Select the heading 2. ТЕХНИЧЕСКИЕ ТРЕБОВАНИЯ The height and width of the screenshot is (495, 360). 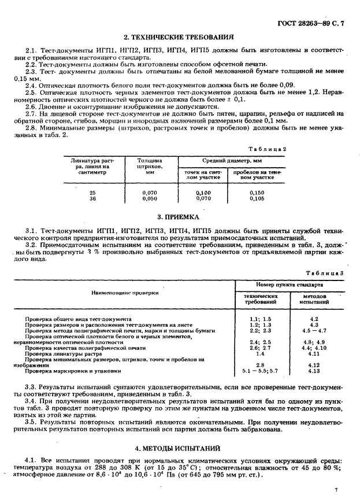[180, 36]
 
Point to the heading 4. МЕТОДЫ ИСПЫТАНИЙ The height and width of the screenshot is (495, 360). [180, 448]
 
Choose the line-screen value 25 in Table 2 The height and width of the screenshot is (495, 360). [93, 192]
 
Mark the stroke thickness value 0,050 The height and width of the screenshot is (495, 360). [149, 198]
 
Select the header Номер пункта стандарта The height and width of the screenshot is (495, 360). [289, 285]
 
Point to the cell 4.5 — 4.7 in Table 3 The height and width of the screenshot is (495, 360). [314, 330]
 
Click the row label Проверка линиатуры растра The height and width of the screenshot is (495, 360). [57, 353]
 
